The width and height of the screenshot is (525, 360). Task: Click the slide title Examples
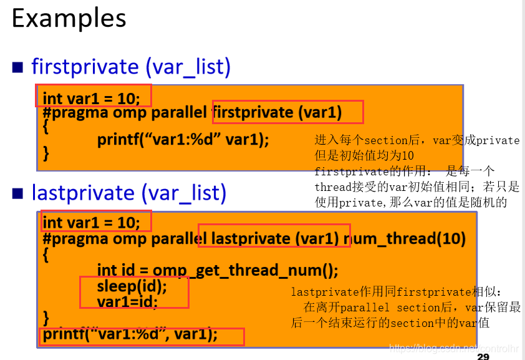coord(69,19)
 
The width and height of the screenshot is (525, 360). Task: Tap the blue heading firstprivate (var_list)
coord(131,66)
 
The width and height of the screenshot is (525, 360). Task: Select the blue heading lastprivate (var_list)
coord(129,193)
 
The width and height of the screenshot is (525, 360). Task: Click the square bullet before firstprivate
coord(19,67)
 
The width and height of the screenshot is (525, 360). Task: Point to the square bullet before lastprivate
coord(19,193)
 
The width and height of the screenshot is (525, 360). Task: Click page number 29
coord(483,356)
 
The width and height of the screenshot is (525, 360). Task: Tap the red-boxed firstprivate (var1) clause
coord(287,112)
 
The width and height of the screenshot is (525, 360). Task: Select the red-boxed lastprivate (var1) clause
coord(274,238)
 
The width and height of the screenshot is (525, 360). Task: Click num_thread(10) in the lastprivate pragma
coord(409,238)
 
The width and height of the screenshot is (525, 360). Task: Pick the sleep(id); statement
coord(132,286)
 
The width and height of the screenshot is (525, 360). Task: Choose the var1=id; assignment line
coord(127,301)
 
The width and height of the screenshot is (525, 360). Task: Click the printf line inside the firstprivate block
coord(183,139)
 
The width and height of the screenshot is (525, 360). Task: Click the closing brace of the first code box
coord(46,152)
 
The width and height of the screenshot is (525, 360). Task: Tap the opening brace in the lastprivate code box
coord(46,254)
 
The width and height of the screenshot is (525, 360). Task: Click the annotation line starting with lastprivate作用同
coord(396,292)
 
